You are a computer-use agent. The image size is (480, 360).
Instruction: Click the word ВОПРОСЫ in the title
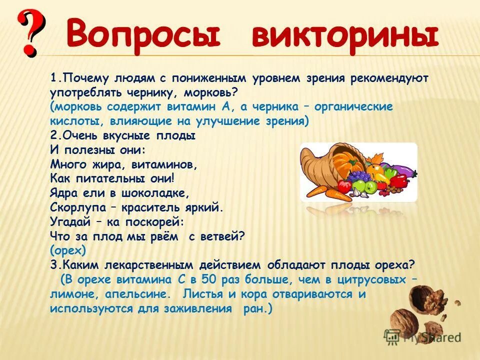(x=142, y=34)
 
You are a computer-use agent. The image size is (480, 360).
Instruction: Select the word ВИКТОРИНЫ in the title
(x=345, y=34)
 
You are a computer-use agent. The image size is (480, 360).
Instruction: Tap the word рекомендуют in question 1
(x=383, y=78)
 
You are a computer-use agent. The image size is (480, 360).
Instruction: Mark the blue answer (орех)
(x=68, y=249)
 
